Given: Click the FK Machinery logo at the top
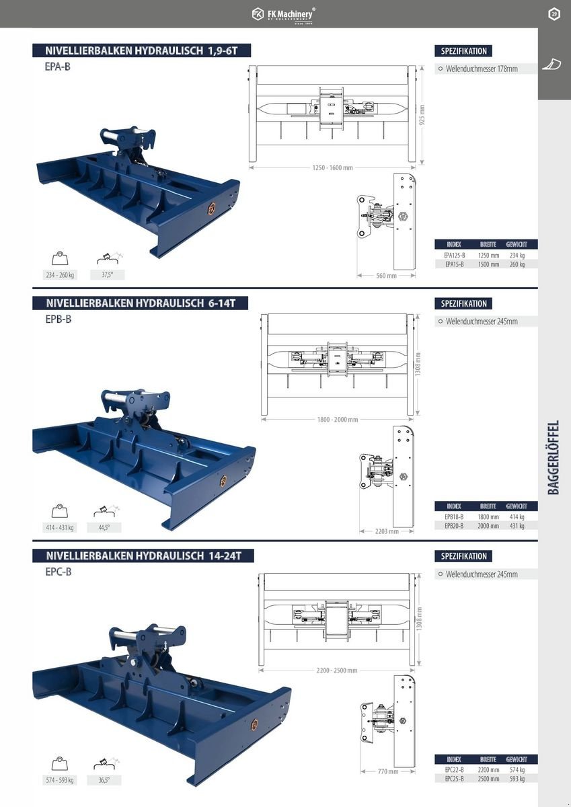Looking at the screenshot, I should (284, 14).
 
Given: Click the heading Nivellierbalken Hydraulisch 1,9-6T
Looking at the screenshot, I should (140, 50).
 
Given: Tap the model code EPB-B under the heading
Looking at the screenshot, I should (59, 319).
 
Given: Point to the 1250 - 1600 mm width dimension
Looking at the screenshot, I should (332, 167).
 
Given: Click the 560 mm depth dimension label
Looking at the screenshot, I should (386, 276).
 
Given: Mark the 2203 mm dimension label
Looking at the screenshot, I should (386, 531).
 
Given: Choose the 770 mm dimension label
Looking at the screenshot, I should (387, 771).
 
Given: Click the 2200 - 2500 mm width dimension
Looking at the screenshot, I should (336, 670).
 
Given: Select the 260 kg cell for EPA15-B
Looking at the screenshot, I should (517, 264).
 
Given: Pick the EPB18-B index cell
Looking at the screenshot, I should (455, 517).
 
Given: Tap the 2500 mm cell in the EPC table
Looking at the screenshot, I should (488, 779).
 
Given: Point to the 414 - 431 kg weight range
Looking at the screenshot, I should (60, 528).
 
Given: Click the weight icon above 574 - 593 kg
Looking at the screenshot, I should (60, 764).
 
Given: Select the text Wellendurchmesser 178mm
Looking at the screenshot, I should (482, 69).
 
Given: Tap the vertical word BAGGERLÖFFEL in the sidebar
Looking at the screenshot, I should (554, 457).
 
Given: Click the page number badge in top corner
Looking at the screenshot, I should (554, 14).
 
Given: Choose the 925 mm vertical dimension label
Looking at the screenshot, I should (422, 114).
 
